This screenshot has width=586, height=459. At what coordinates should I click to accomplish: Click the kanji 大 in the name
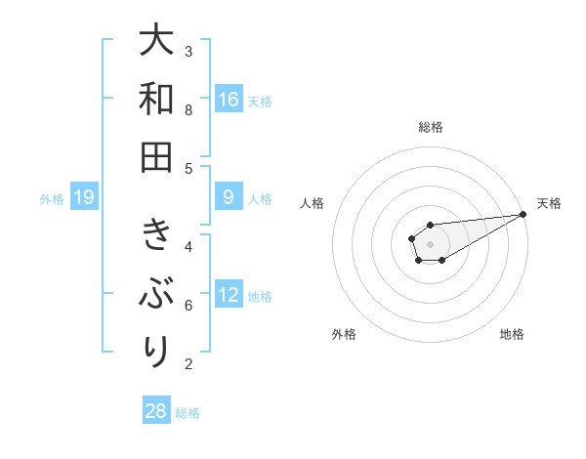(156, 41)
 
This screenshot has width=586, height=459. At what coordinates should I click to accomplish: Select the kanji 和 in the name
(156, 99)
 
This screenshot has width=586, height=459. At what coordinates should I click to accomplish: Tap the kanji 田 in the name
(156, 156)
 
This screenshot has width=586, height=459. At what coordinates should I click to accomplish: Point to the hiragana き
(156, 234)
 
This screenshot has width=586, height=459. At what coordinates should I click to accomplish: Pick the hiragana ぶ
(156, 293)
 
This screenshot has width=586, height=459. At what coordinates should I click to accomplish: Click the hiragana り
(156, 350)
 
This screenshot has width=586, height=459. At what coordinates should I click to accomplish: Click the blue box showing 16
(229, 99)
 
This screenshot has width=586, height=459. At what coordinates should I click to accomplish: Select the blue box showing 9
(229, 197)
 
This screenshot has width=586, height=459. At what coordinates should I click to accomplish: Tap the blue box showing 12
(229, 295)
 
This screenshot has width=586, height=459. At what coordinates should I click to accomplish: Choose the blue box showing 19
(84, 198)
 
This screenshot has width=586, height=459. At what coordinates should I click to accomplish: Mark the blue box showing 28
(156, 411)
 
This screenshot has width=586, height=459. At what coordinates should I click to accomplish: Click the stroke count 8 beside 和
(188, 109)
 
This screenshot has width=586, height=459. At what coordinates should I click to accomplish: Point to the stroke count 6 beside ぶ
(188, 306)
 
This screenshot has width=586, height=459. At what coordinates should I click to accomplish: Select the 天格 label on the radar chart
(549, 203)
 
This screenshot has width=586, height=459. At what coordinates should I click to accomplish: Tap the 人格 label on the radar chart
(313, 203)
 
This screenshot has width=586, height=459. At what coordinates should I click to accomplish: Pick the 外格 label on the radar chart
(343, 334)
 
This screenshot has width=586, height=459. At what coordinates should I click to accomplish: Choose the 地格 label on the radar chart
(512, 334)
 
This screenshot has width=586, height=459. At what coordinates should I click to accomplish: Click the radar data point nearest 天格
(523, 213)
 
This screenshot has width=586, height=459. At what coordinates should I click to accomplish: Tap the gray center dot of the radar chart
(430, 242)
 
